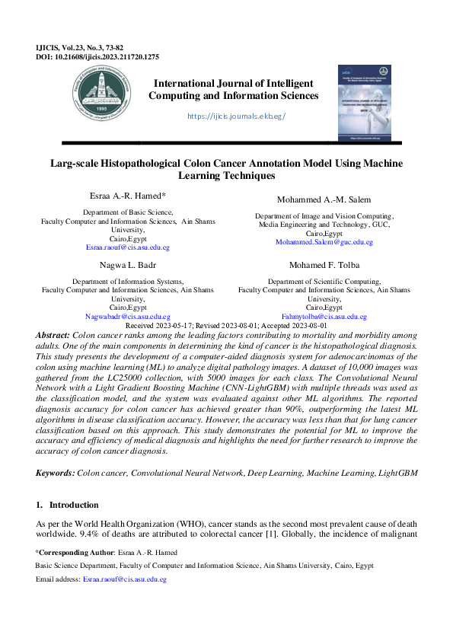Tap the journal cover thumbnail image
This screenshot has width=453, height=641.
click(368, 102)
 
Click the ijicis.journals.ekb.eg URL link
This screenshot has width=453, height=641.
click(235, 116)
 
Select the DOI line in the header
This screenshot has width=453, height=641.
click(86, 56)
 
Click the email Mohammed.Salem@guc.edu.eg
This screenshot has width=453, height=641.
click(324, 241)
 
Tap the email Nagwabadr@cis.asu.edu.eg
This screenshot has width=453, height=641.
click(127, 315)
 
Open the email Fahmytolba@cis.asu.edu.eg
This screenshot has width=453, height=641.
click(324, 315)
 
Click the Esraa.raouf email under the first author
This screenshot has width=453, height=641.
click(127, 247)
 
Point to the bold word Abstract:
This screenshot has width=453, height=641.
click(53, 335)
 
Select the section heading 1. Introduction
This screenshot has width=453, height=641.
click(68, 505)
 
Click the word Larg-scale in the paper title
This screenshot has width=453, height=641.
click(74, 163)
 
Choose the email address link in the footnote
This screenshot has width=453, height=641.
click(124, 579)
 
